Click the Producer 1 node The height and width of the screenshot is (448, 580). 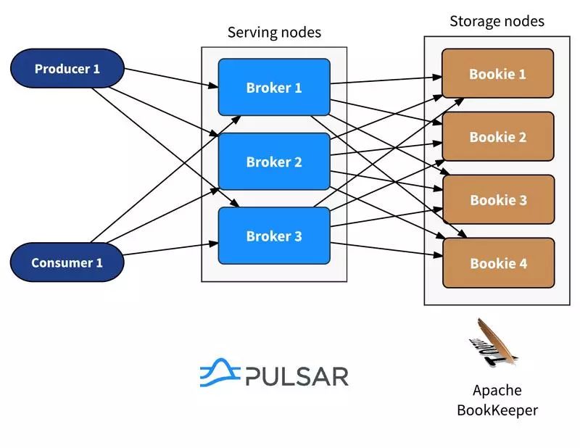67,69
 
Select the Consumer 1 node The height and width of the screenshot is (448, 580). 67,262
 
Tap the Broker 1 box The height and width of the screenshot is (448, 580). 274,88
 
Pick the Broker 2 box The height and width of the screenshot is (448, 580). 274,162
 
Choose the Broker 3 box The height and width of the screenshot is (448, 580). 274,236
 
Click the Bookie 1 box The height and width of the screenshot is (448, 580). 497,73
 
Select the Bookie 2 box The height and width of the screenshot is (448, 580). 497,136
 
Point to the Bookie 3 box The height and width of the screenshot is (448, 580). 498,199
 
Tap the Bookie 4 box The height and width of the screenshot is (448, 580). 498,263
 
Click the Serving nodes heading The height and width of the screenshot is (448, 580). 274,32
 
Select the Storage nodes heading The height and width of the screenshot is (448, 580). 497,21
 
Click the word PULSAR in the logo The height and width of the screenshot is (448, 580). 297,376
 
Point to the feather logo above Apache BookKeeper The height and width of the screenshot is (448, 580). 495,343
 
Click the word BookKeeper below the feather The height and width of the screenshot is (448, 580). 497,410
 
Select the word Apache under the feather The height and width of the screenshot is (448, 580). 497,391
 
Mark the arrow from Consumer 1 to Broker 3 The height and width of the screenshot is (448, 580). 171,250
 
